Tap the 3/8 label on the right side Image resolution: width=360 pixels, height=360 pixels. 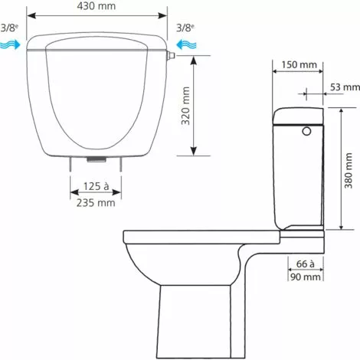coord(183,28)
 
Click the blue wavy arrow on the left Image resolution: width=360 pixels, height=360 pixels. coord(11,45)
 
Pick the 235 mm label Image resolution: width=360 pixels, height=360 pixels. coord(97,203)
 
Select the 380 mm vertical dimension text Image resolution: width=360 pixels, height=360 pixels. coord(349,170)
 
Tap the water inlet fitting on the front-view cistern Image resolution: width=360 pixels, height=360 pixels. coord(172,54)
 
